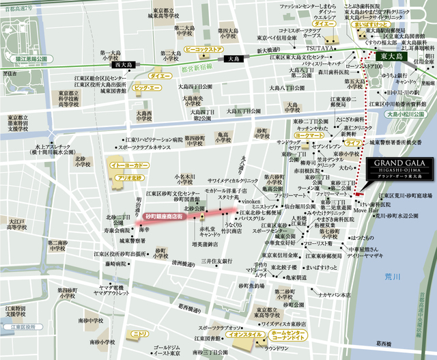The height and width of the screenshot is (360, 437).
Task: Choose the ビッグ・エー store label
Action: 146,89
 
